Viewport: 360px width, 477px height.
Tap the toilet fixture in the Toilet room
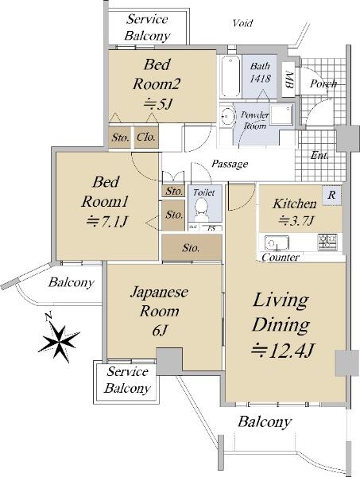[201, 209]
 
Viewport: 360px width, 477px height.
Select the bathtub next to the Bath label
[230, 76]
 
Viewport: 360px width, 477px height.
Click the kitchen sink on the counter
[277, 242]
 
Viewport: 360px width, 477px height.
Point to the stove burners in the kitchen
[327, 242]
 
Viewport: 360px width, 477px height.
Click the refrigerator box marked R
[331, 195]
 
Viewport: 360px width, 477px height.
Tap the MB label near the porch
[288, 80]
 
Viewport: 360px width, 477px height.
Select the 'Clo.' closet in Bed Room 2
[146, 138]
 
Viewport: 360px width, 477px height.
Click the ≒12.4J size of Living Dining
[282, 350]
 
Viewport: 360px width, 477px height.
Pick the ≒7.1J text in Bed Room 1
[106, 221]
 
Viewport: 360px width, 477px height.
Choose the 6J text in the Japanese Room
[160, 330]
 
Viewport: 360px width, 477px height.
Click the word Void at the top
[242, 23]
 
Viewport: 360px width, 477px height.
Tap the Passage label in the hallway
[230, 164]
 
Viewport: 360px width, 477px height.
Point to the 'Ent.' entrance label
[319, 156]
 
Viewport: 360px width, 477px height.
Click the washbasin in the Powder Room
[227, 115]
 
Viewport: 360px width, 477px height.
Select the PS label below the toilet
[211, 228]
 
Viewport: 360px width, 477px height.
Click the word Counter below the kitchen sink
[281, 258]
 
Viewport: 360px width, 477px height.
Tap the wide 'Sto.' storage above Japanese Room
[192, 247]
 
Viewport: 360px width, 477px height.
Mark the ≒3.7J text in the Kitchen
[296, 220]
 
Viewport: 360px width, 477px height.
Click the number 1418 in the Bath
[261, 79]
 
